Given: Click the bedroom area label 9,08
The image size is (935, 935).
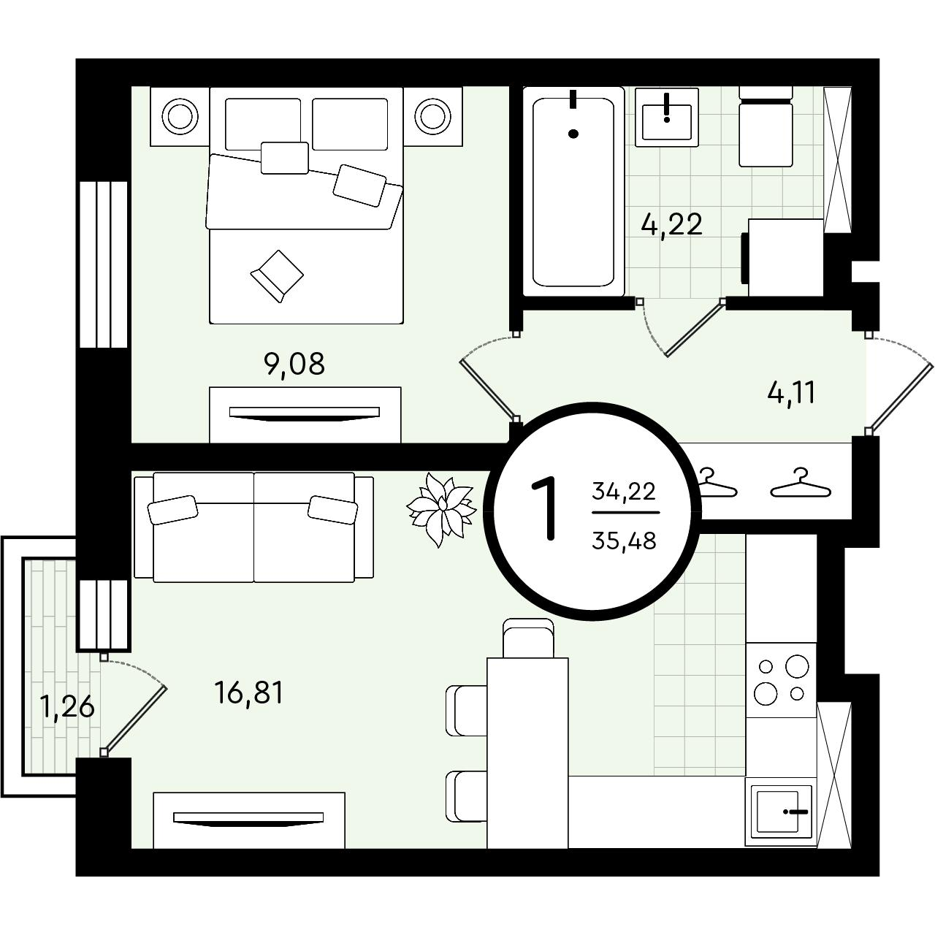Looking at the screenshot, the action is [x=294, y=365].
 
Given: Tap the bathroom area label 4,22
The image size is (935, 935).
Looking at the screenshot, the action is [x=671, y=225].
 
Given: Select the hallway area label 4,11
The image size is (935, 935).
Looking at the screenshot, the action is [x=791, y=393].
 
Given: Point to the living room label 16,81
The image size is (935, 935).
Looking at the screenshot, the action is [x=248, y=692].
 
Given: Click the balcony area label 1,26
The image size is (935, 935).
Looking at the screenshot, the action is [x=67, y=707].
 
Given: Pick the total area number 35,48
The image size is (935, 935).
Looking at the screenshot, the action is [x=624, y=541].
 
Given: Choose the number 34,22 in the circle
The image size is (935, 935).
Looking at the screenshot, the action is [x=624, y=492].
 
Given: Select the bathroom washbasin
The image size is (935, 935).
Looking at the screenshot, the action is [x=667, y=117].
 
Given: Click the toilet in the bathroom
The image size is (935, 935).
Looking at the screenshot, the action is [x=766, y=127].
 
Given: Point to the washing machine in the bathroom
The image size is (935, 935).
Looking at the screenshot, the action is [x=783, y=257].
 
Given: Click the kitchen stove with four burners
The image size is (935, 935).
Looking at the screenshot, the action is [x=781, y=680].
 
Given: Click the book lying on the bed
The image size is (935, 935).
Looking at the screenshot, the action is [x=277, y=275].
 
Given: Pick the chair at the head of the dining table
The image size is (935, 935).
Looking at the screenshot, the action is [x=528, y=638].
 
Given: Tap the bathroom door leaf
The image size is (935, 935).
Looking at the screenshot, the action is [x=695, y=329].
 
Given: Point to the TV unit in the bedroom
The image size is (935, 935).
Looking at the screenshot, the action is [x=305, y=414].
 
